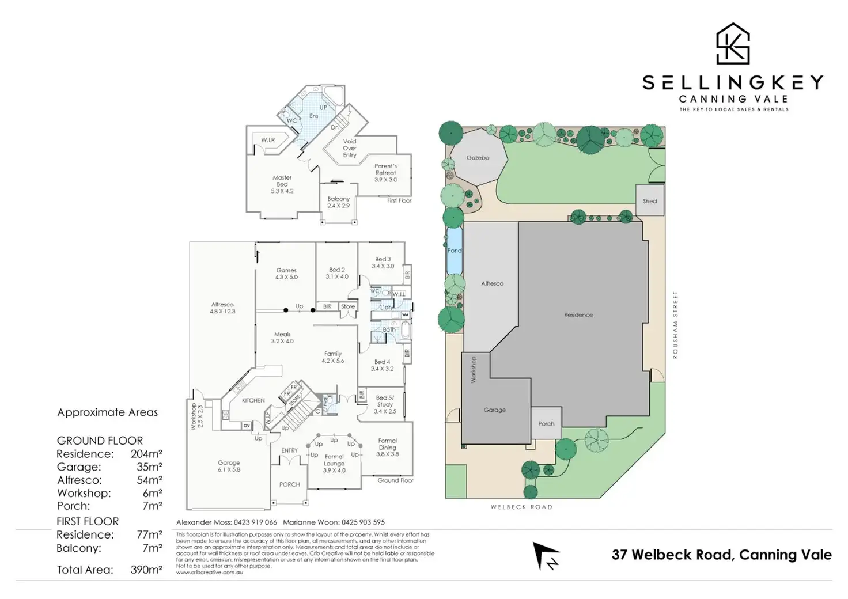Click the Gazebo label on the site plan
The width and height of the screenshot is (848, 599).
(478, 158)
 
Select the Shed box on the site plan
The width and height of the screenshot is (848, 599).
(650, 201)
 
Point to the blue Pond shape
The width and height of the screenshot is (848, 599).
(455, 251)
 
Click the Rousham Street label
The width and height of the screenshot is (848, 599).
(675, 325)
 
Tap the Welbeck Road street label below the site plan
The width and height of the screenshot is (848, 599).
(521, 507)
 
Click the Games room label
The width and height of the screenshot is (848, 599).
(286, 274)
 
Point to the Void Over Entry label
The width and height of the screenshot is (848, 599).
(350, 148)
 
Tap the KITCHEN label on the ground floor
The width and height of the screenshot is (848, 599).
(253, 400)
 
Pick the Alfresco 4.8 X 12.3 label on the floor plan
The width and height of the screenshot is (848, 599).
(222, 308)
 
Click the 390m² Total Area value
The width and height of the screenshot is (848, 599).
(146, 570)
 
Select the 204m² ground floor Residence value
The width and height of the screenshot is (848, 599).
(146, 454)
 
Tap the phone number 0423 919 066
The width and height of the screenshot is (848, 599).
(255, 522)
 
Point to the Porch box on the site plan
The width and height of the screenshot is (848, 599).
(546, 424)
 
